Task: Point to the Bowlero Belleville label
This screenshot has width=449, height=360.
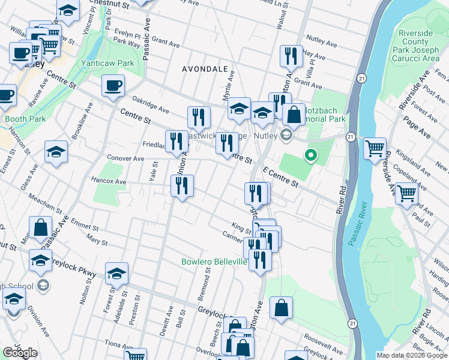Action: (x=214, y=262)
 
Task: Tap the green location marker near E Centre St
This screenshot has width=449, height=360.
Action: (x=310, y=156)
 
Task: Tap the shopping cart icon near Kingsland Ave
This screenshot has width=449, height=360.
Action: (x=375, y=147)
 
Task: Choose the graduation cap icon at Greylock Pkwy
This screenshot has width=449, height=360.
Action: (x=117, y=274)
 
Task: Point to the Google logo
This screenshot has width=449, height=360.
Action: (x=20, y=353)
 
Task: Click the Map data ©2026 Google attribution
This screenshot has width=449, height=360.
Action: (x=412, y=355)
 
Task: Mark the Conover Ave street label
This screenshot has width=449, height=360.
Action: (x=125, y=159)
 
